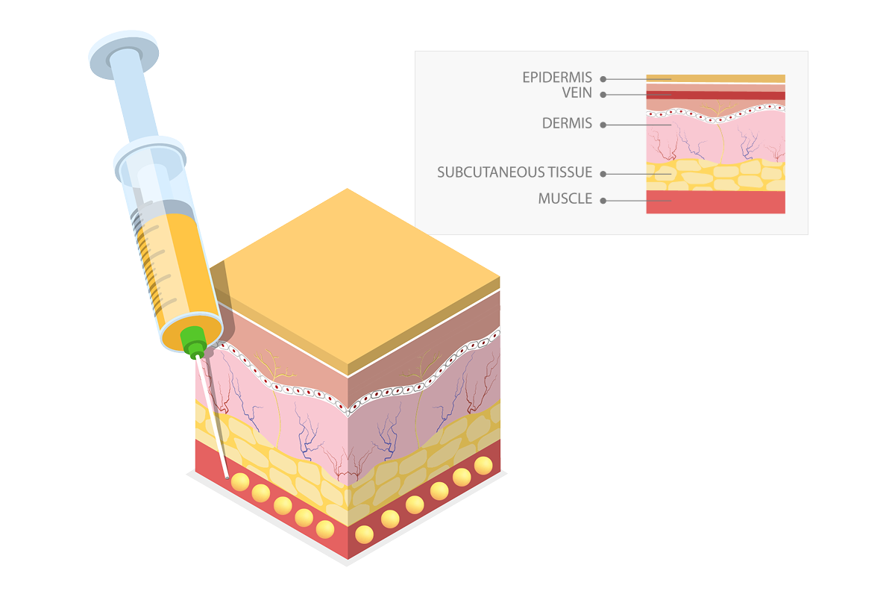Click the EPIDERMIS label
click(556, 78)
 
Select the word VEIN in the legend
click(577, 93)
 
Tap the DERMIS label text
click(567, 124)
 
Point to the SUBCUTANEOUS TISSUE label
click(515, 173)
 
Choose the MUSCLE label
click(565, 199)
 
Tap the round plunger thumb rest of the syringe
click(122, 51)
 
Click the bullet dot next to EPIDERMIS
click(603, 78)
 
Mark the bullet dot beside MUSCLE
click(603, 200)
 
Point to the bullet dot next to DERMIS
click(603, 125)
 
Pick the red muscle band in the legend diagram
click(715, 202)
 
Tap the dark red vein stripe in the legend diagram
click(715, 96)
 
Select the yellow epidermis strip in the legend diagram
click(715, 78)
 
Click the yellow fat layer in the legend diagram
click(715, 176)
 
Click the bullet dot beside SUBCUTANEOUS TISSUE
click(603, 174)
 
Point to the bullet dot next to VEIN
click(603, 95)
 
